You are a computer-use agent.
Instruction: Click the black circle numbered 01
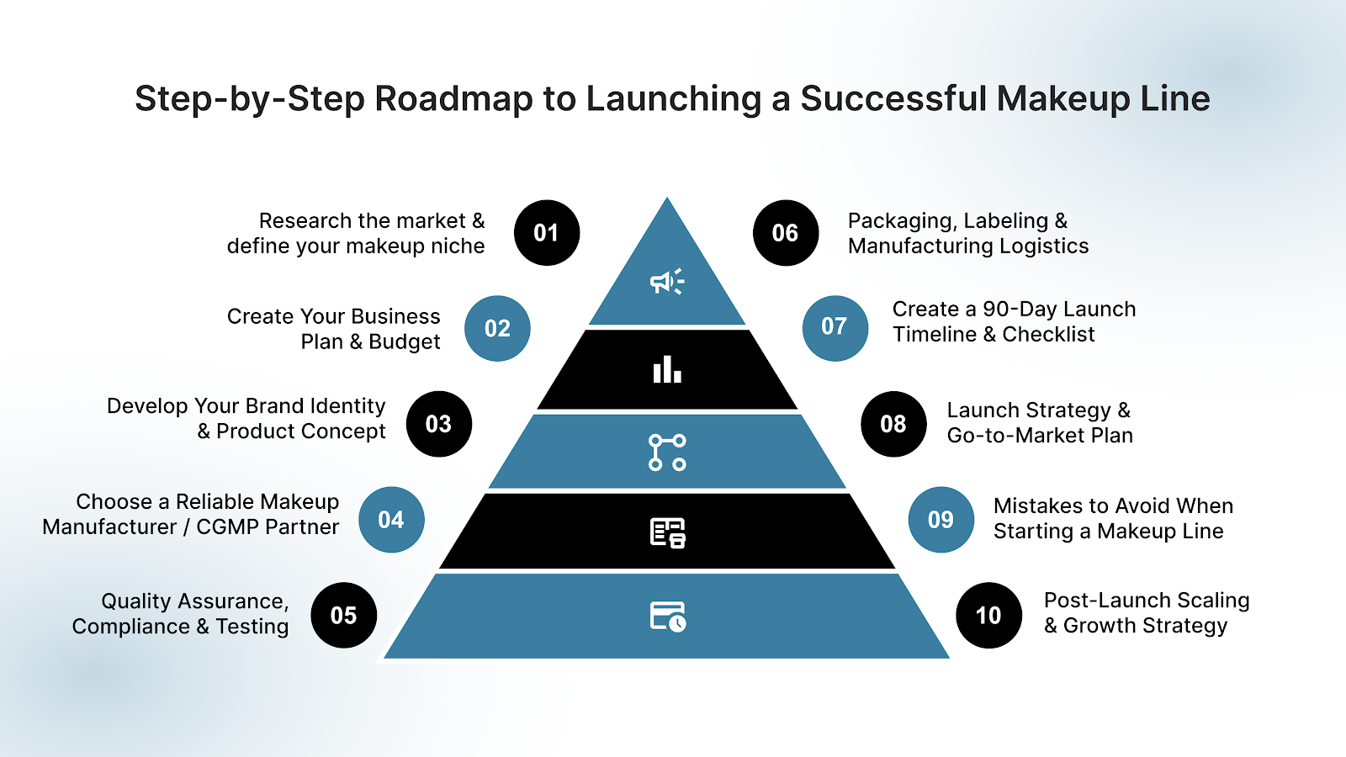[547, 233]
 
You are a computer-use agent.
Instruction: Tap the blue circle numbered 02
[497, 328]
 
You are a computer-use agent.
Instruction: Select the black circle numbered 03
[438, 424]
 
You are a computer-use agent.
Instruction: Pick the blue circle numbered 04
[391, 520]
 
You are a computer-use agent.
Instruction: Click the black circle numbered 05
[343, 615]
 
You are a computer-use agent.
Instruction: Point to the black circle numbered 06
[785, 233]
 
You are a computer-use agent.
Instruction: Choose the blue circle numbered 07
[835, 326]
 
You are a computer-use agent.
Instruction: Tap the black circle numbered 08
[893, 424]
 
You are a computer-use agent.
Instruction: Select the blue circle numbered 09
[941, 520]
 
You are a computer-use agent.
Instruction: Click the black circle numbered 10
[988, 615]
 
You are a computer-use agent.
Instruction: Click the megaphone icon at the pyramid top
[667, 282]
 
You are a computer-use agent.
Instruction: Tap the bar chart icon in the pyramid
[667, 369]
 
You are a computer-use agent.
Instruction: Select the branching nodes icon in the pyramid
[667, 452]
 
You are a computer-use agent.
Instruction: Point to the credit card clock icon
[668, 616]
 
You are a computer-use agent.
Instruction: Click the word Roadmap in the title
[453, 98]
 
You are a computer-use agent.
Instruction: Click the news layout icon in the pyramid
[668, 533]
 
